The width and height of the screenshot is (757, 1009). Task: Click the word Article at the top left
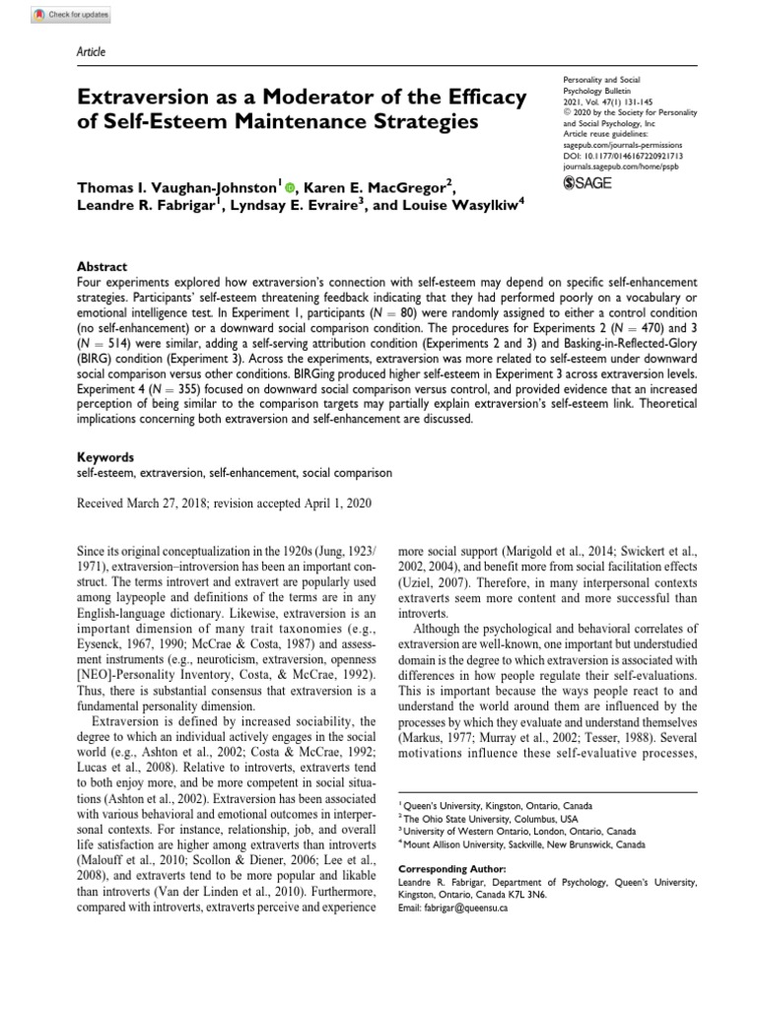(x=91, y=51)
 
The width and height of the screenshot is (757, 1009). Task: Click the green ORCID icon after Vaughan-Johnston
(x=290, y=184)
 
